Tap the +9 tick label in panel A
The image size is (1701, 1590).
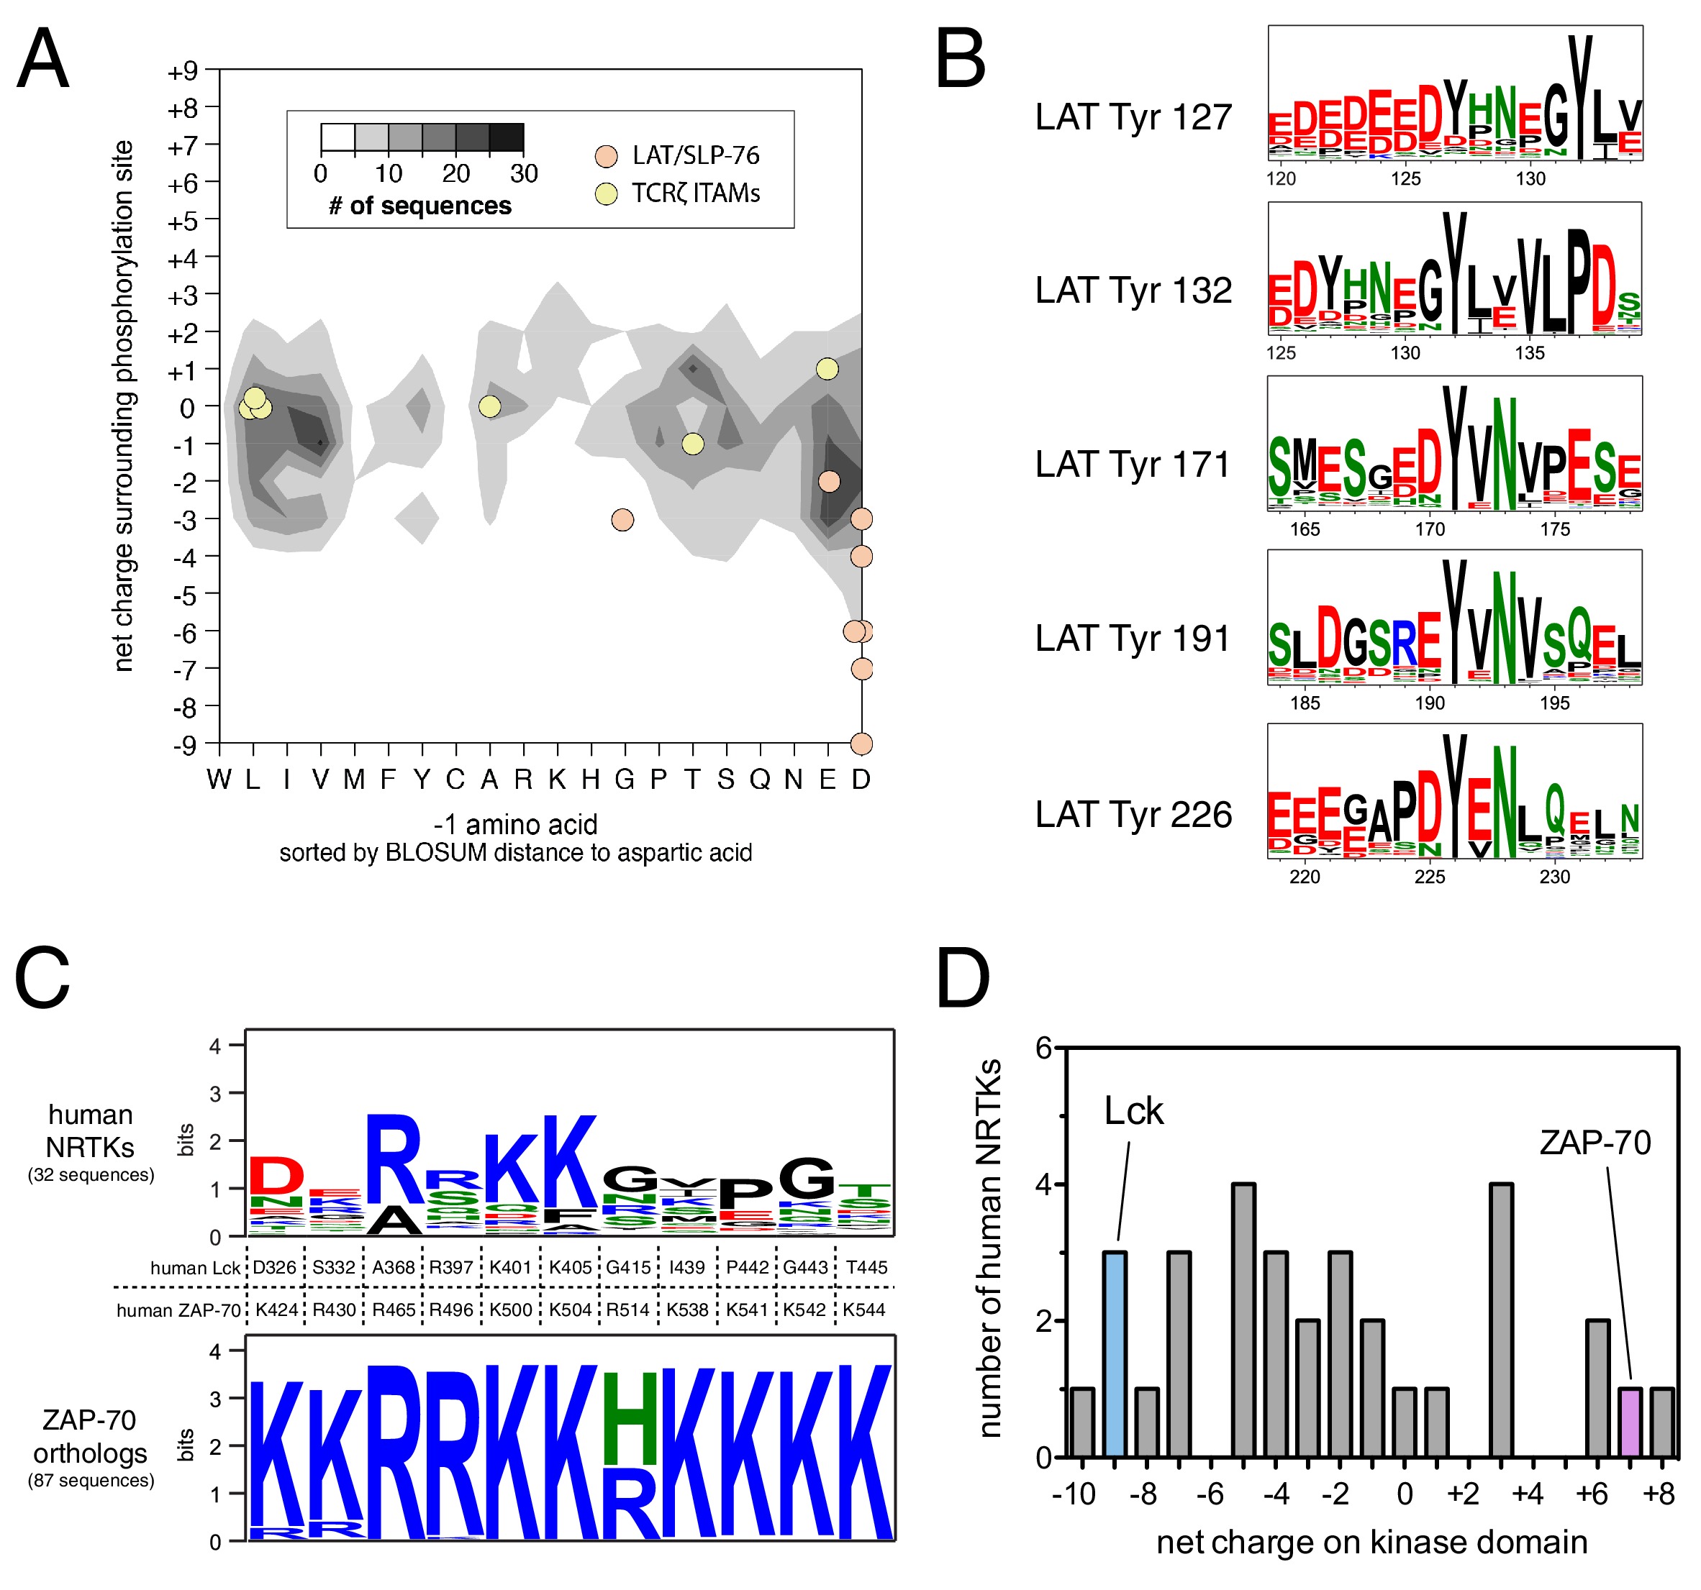[x=182, y=71]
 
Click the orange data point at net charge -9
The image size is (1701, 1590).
[x=861, y=744]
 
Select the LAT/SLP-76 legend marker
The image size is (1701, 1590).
[x=607, y=157]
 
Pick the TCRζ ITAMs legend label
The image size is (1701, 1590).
[x=696, y=194]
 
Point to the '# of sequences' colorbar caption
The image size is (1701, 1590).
[x=419, y=206]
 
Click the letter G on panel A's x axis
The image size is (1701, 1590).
[x=624, y=779]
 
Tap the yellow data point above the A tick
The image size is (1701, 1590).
[x=489, y=406]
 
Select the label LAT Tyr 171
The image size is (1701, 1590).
[x=1133, y=465]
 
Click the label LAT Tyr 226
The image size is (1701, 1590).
[x=1133, y=814]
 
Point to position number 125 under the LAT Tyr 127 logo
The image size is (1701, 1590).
[x=1406, y=179]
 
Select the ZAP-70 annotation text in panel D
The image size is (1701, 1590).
[x=1595, y=1143]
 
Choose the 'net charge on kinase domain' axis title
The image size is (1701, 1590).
[x=1371, y=1542]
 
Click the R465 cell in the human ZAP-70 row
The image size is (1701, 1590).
[x=394, y=1310]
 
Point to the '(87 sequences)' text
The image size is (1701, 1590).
[x=91, y=1481]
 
